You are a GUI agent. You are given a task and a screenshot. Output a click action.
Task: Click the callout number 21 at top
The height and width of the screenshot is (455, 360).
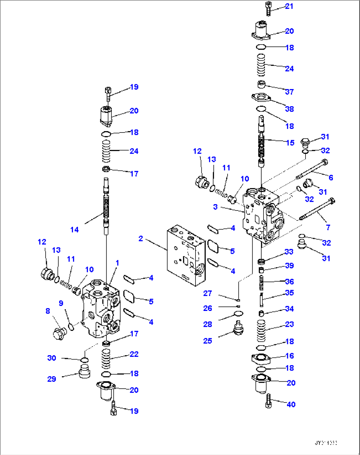pos(289,6)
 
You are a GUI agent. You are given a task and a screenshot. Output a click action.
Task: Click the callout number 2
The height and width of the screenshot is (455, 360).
pos(141,238)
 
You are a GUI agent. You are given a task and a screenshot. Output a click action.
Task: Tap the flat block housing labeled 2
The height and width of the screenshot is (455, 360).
pos(186,256)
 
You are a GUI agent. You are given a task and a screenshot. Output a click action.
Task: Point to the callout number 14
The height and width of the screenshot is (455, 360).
pos(75,230)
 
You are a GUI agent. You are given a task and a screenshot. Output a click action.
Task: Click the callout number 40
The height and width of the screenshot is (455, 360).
pos(291,404)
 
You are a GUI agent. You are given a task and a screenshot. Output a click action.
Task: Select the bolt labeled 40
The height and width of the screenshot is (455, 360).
pos(268,401)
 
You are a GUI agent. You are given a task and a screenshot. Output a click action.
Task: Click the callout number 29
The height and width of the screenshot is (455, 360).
pos(52,379)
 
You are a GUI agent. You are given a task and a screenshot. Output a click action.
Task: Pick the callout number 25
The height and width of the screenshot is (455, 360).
pos(207,341)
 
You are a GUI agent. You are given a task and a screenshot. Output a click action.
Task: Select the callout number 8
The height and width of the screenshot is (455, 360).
pos(48,311)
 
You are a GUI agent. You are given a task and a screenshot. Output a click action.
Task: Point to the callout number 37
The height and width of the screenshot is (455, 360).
pos(289,92)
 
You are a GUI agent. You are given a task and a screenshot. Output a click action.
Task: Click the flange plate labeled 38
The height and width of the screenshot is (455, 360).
pos(261,97)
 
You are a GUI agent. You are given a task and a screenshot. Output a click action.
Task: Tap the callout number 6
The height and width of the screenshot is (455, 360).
pos(331,177)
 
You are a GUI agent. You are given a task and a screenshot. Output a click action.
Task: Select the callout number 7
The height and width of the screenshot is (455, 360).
pos(328,227)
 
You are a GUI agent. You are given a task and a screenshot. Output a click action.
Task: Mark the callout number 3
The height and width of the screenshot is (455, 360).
pos(215,207)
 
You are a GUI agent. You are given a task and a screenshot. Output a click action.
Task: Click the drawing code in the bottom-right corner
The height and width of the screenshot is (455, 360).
pos(326,443)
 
